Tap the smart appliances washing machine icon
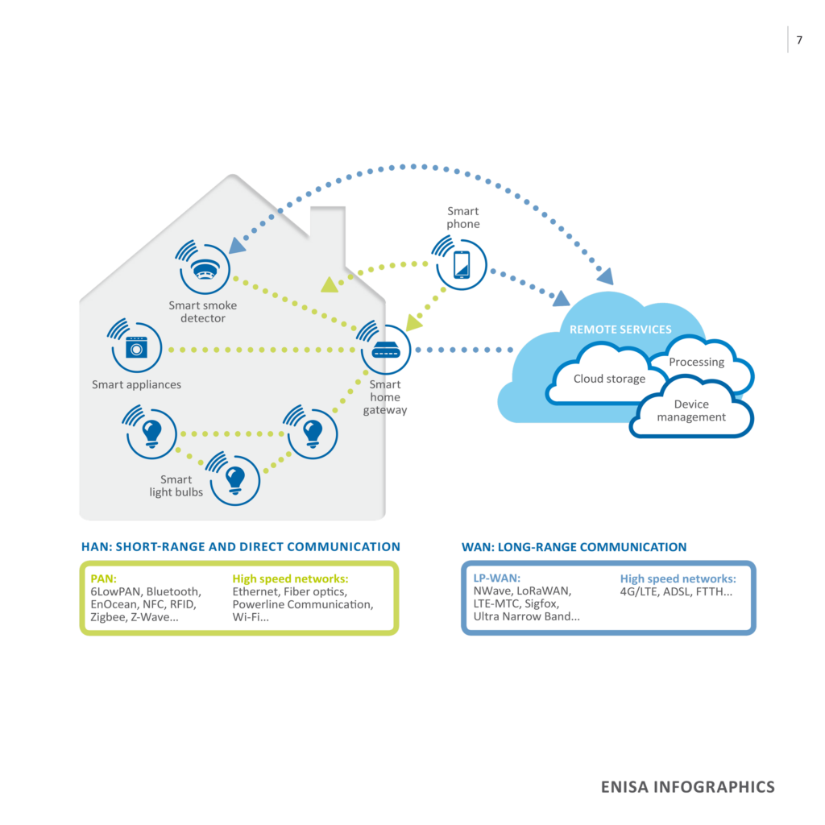tap(138, 347)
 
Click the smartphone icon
tap(462, 264)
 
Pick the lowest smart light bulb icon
tap(234, 478)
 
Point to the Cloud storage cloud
tap(608, 379)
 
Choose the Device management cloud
tap(690, 410)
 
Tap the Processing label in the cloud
tap(696, 362)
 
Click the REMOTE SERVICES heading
tap(620, 330)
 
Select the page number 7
tap(798, 40)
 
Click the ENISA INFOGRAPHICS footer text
tap(687, 787)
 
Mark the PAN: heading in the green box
tap(104, 578)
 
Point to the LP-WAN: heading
tap(497, 578)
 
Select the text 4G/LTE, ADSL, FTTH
tap(676, 591)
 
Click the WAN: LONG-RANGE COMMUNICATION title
tap(574, 547)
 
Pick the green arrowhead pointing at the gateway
tap(415, 321)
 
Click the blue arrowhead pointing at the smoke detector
tap(237, 244)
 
